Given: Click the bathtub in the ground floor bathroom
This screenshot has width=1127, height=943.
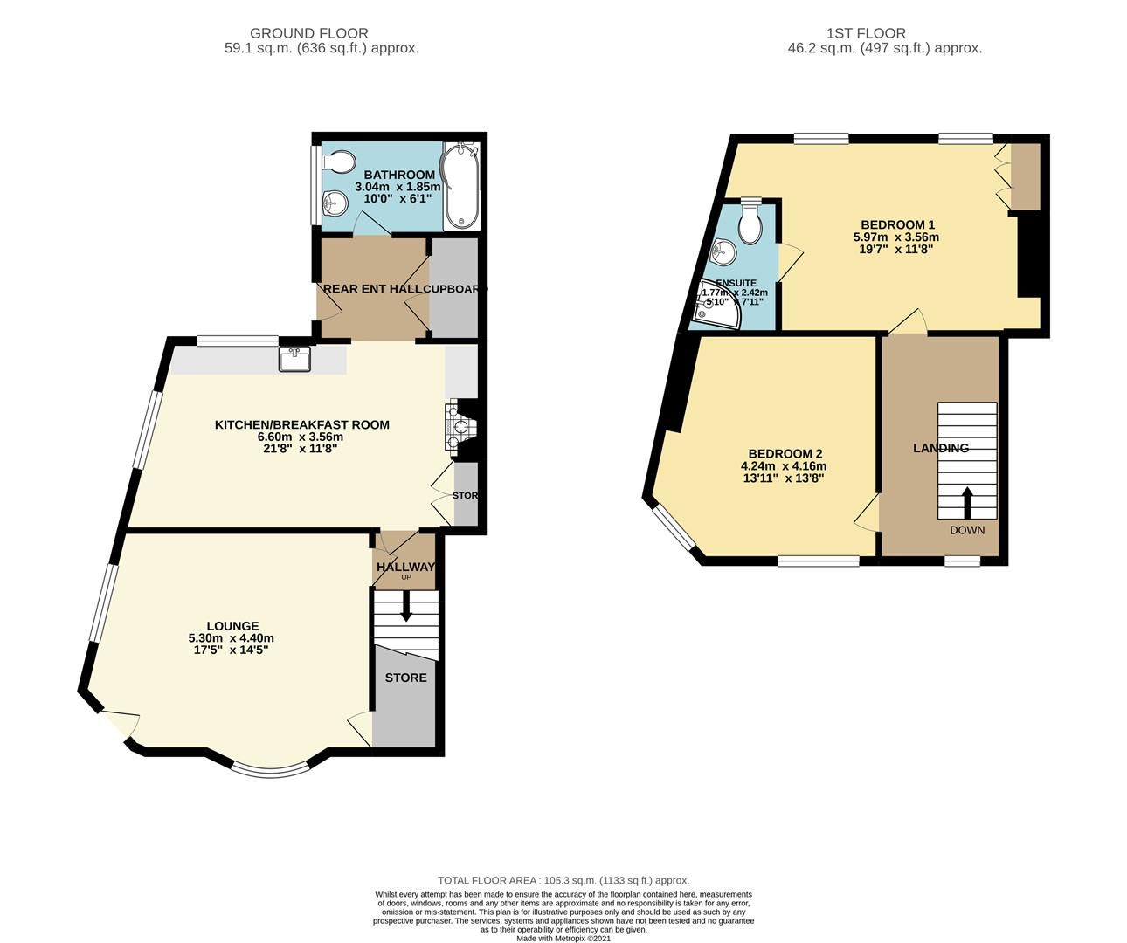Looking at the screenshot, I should (x=460, y=187).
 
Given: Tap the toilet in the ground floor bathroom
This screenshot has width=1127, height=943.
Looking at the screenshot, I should (x=338, y=163).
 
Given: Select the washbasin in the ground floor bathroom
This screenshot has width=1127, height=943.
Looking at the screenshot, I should (x=335, y=204).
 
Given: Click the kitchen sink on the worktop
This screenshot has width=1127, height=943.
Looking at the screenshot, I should (x=294, y=359).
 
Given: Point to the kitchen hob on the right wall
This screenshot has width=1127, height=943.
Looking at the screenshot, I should (x=457, y=429).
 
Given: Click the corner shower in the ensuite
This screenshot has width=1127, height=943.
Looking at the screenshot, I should (x=716, y=306).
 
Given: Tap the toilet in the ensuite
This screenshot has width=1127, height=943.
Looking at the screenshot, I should (x=749, y=224).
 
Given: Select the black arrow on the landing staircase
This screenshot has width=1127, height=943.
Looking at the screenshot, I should (x=966, y=503).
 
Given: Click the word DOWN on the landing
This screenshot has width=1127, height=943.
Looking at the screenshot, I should (x=966, y=530).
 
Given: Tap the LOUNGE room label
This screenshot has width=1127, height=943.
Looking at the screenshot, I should (x=232, y=625).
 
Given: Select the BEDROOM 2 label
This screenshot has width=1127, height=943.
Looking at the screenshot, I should (x=785, y=453).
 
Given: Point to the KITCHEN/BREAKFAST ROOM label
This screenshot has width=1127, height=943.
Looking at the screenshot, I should (x=302, y=424).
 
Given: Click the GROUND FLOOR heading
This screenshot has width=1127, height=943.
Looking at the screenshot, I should (x=322, y=33).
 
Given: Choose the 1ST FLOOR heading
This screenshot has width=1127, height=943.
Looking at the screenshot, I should (x=884, y=33).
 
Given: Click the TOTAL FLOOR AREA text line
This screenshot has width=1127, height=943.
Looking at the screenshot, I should (x=563, y=880).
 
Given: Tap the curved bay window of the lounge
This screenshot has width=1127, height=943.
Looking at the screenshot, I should (x=270, y=768).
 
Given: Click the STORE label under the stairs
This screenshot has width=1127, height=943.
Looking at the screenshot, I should (x=405, y=678).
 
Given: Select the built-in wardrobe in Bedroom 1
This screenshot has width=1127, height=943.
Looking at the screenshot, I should (x=1024, y=176).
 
